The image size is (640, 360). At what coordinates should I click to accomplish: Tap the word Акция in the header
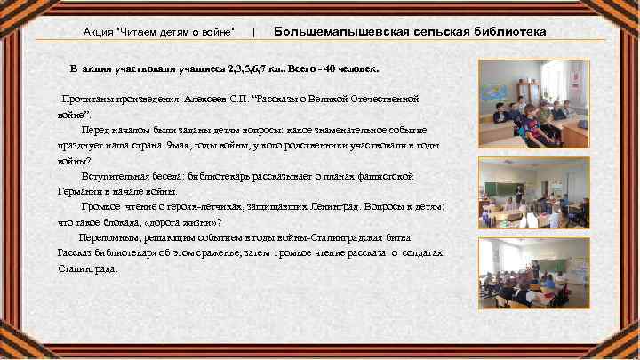click(98, 33)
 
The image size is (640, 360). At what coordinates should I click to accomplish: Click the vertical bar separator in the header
click(254, 33)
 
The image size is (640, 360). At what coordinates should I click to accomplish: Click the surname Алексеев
click(228, 100)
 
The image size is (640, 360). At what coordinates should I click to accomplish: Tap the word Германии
click(81, 191)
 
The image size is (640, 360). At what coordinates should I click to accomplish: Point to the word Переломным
click(108, 237)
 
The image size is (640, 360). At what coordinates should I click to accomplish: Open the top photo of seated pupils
click(534, 106)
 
